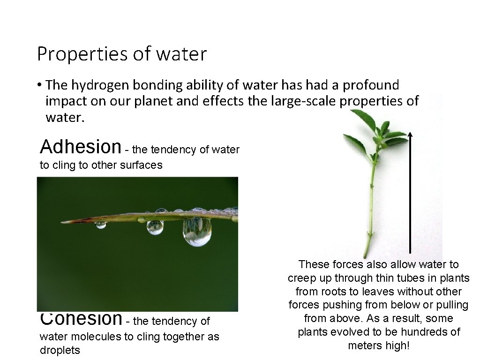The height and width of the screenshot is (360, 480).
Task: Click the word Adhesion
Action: [81, 147]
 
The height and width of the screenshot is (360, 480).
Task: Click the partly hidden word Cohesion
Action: [81, 319]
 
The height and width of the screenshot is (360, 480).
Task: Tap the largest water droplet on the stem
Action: [197, 232]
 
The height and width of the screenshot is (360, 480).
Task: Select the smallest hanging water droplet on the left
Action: [101, 225]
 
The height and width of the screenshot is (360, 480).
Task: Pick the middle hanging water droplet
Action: [155, 227]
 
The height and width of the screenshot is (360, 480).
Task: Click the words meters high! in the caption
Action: [379, 345]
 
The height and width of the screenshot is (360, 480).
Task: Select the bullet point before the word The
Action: [41, 85]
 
